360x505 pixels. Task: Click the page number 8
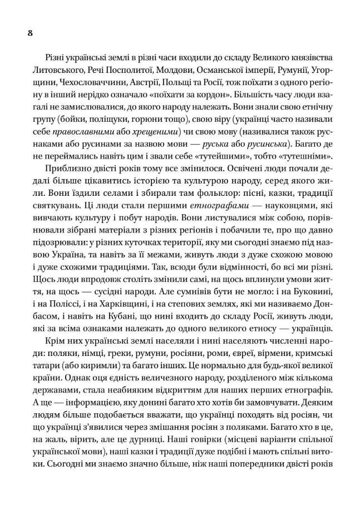click(x=31, y=33)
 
